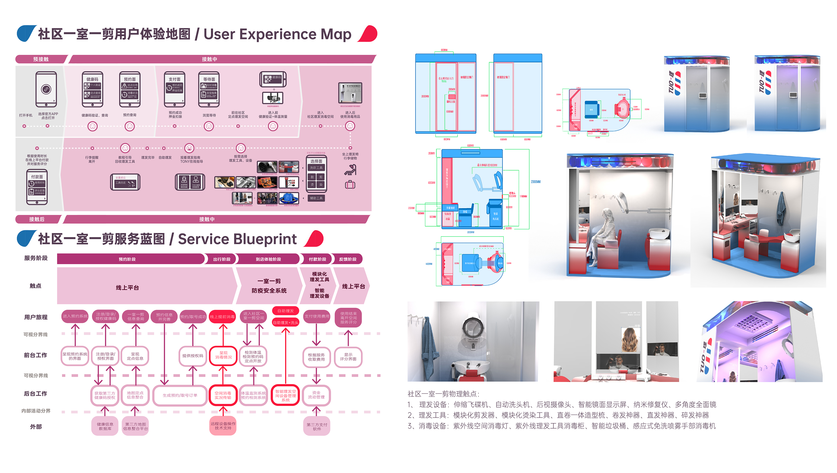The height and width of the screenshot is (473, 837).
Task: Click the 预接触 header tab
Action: click(x=41, y=59)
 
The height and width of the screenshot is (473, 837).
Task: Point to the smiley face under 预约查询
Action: click(x=130, y=126)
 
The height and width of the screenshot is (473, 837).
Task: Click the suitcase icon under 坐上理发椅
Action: click(x=350, y=185)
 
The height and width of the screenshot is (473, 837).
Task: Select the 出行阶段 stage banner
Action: click(x=222, y=259)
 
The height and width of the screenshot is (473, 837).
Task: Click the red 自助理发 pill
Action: click(x=285, y=311)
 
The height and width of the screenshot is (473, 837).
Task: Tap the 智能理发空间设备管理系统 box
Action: click(x=285, y=396)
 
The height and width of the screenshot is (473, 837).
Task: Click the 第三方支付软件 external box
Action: click(x=317, y=427)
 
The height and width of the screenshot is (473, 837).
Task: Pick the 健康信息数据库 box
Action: click(x=105, y=427)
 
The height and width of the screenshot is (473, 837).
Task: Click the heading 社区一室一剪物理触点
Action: click(x=443, y=394)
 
